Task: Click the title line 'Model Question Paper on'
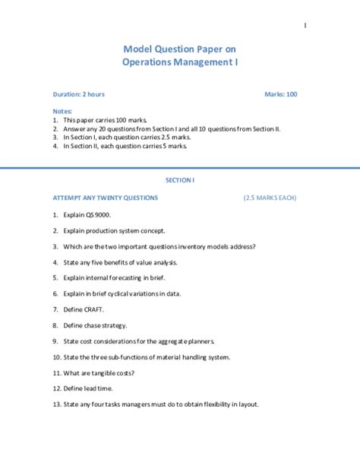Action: pos(180,48)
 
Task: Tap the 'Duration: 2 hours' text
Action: pos(79,94)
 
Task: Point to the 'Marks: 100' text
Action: pos(281,94)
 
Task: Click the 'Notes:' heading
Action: pos(63,111)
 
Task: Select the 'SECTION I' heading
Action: pos(180,180)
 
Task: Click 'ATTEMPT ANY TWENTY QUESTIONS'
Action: pos(106,198)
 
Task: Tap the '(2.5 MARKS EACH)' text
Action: pos(270,198)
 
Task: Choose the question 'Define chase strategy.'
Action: pos(97,325)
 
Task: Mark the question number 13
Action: pos(57,404)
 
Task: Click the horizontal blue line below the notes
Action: pos(180,166)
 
